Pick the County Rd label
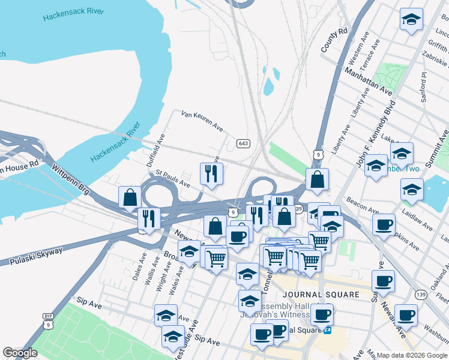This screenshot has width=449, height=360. [334, 40]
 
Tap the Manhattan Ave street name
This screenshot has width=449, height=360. [368, 80]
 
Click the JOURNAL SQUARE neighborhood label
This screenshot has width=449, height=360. [321, 295]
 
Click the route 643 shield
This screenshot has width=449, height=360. [243, 143]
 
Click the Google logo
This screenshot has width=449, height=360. [20, 353]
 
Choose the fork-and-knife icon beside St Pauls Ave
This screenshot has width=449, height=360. [211, 174]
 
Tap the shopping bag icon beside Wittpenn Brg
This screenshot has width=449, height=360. [130, 197]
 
